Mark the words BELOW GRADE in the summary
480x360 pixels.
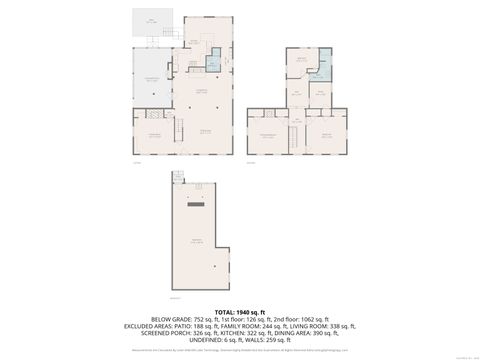coord(167,320)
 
